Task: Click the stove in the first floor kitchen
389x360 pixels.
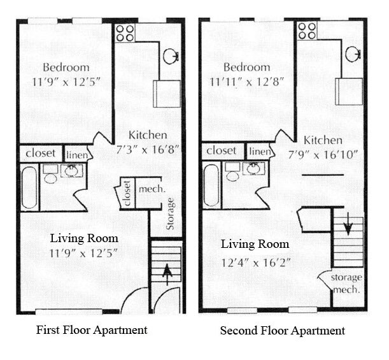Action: (125, 33)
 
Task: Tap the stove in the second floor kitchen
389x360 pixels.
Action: (307, 31)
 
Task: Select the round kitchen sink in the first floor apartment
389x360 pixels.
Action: (170, 57)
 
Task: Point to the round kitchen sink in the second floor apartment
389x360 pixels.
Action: (353, 54)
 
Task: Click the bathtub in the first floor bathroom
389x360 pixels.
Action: (29, 187)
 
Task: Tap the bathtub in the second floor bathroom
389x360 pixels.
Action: (211, 185)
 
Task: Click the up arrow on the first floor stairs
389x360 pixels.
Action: (167, 274)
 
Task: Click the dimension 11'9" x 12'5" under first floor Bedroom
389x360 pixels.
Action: (66, 81)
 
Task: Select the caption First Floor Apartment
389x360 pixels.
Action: (92, 330)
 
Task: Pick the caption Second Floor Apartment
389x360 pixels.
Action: (282, 331)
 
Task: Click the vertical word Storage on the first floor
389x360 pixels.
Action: (170, 214)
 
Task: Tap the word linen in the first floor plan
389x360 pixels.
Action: (78, 154)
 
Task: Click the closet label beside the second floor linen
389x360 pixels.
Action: (222, 151)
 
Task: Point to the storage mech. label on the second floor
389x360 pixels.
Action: (347, 283)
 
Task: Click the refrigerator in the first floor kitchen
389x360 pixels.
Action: (167, 93)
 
